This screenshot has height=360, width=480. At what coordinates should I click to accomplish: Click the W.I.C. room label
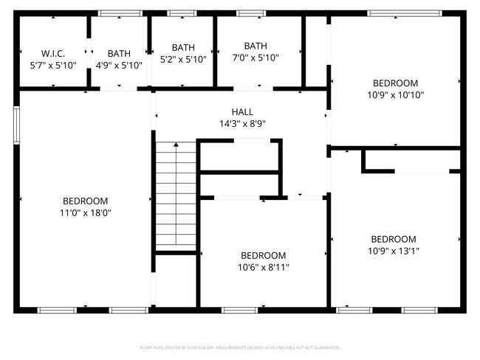(53, 53)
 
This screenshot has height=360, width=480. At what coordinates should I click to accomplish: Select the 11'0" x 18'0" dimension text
(85, 212)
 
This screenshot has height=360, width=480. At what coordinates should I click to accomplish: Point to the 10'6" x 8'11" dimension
(263, 267)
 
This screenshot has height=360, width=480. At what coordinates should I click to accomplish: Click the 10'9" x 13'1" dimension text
(394, 251)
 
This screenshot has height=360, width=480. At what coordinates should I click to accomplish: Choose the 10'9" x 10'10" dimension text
(395, 94)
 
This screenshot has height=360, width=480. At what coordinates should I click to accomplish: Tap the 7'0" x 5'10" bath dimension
(256, 58)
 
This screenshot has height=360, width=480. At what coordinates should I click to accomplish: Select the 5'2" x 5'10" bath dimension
(183, 60)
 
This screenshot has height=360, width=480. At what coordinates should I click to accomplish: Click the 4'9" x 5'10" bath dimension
(119, 65)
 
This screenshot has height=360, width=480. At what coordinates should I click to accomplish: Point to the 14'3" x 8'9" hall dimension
(241, 124)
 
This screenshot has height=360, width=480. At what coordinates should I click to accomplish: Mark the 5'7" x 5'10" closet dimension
(53, 65)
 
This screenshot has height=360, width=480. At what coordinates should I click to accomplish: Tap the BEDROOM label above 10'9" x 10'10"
(395, 83)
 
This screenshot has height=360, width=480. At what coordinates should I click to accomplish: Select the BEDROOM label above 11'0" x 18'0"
(85, 201)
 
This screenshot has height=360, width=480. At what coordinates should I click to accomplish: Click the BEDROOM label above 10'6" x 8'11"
(263, 255)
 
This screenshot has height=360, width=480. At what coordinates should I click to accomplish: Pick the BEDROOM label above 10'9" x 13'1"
(394, 239)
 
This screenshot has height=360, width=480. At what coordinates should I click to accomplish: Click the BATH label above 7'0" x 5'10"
(256, 46)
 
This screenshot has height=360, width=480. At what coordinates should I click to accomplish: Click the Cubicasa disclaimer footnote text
(240, 347)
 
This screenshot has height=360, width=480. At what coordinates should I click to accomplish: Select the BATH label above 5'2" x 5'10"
(183, 48)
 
